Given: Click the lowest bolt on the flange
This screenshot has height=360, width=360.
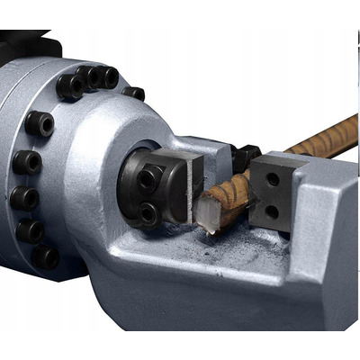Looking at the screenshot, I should [x=45, y=257].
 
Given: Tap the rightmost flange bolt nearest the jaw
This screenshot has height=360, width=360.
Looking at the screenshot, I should [x=133, y=93].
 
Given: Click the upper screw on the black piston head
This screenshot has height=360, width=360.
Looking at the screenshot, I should [x=147, y=178].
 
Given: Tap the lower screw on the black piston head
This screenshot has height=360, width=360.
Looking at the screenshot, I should [x=147, y=214].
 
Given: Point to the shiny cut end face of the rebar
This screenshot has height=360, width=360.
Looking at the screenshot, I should [x=208, y=216].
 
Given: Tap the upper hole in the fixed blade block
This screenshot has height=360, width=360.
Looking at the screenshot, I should [x=273, y=180].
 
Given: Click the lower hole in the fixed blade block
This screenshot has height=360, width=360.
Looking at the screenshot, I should [x=273, y=211].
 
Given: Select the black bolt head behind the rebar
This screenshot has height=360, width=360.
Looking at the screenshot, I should [x=244, y=158].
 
